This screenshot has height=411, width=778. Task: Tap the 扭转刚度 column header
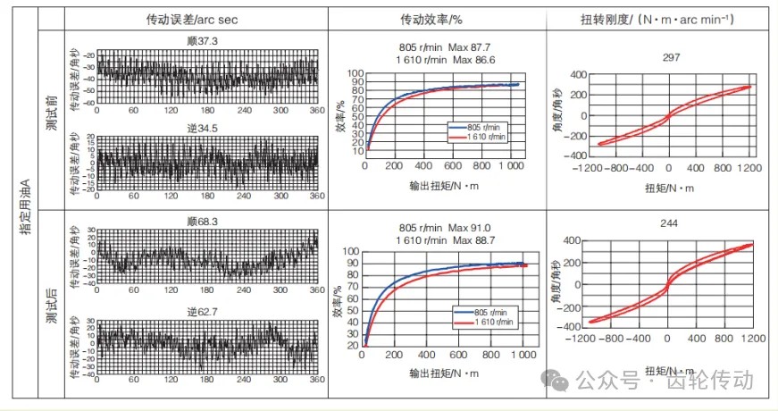(x=660, y=20)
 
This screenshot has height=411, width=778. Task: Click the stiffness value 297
(x=660, y=57)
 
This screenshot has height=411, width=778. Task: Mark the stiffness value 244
(x=660, y=224)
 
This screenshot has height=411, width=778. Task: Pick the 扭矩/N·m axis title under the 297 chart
(x=667, y=189)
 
